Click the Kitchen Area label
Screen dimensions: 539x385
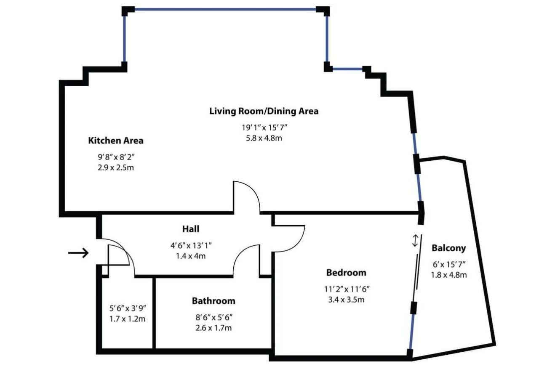click(x=116, y=141)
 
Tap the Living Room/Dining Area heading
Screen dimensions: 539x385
click(x=264, y=111)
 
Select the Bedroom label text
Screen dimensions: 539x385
click(x=346, y=273)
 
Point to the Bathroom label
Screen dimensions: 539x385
click(x=213, y=301)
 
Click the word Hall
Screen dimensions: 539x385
click(x=191, y=229)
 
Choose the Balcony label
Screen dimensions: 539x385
click(x=449, y=248)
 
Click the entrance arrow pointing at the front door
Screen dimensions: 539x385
click(x=78, y=253)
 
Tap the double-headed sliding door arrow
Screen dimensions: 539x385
click(x=415, y=241)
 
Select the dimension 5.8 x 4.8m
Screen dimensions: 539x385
click(x=264, y=138)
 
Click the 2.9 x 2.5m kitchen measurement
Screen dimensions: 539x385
click(x=116, y=167)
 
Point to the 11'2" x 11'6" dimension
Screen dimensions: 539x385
click(x=347, y=289)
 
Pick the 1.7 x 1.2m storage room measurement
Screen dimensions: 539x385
click(x=127, y=319)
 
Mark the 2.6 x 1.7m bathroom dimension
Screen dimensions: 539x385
click(x=213, y=328)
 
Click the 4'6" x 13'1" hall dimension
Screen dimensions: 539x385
click(x=191, y=246)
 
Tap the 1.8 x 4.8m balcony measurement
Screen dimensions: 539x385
click(x=449, y=275)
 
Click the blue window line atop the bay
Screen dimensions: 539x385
click(x=225, y=10)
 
